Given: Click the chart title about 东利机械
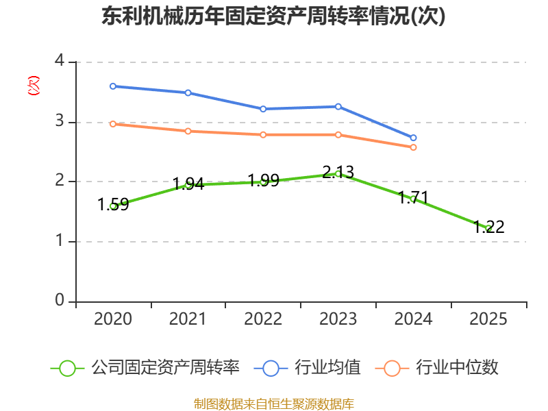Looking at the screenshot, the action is point(273,16).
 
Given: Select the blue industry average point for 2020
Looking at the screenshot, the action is point(113,86).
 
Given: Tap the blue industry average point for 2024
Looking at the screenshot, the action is point(413,138).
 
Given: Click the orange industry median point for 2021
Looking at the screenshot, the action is point(188,131).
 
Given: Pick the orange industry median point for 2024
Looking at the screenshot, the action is point(413,147).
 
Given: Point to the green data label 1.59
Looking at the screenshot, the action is point(113,204).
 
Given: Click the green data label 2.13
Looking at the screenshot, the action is point(338,172).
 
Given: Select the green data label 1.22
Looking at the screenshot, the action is point(488,227).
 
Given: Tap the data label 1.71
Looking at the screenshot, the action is point(413,197).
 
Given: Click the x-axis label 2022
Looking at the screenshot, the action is point(263,319).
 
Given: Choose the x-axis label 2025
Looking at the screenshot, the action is point(488,319).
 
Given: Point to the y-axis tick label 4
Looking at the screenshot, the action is point(60,60).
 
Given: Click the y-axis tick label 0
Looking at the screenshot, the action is point(60,300).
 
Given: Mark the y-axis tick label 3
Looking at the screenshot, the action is point(60,121).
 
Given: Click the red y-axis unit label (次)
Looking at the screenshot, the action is point(34,86).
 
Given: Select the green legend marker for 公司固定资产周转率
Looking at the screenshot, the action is point(67,369).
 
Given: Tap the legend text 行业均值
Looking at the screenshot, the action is point(327,367).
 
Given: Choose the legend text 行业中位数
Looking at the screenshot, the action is point(457,367).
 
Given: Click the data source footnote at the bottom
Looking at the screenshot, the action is point(273,403).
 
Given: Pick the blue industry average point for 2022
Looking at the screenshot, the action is point(263,109).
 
